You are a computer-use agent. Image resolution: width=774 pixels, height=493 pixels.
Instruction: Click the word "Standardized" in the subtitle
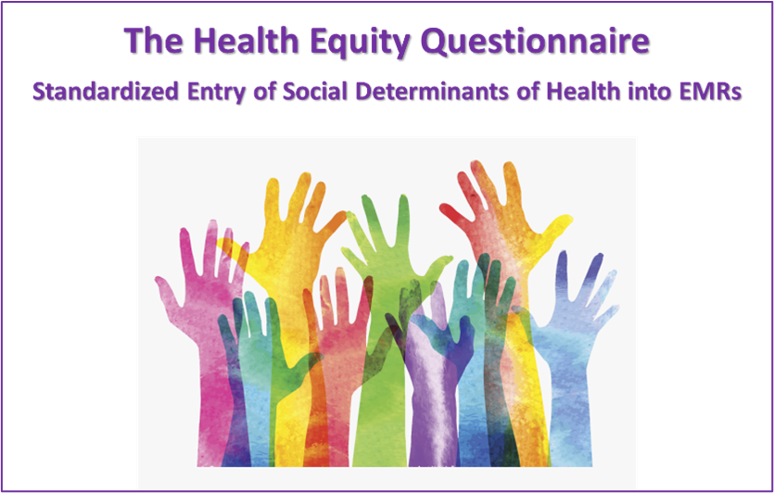[x=101, y=92]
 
